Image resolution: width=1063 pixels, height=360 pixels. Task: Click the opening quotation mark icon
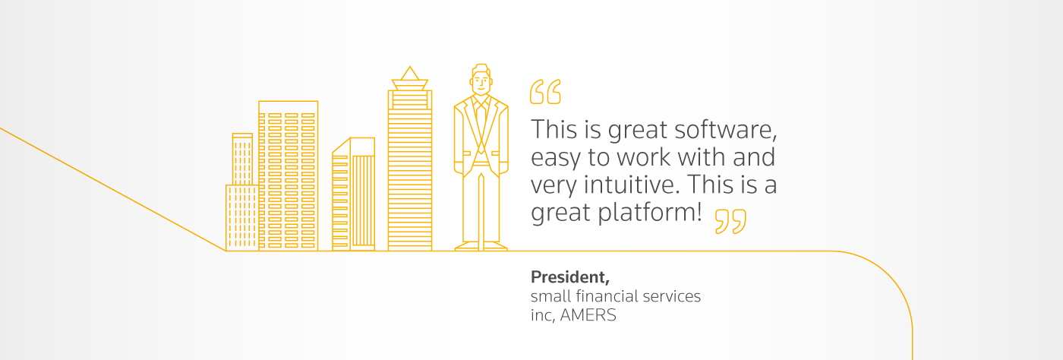[x=545, y=92]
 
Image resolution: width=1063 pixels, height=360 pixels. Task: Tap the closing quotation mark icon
[x=730, y=221]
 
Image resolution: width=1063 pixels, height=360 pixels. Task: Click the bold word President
[x=570, y=277]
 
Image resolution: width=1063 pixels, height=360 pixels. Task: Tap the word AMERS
[x=588, y=315]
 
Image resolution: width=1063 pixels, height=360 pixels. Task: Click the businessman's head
[x=481, y=80]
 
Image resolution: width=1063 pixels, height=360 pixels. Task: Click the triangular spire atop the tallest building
[x=409, y=73]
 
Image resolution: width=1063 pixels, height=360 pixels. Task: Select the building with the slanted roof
[x=354, y=194]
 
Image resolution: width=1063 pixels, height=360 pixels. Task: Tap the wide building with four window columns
[x=288, y=175]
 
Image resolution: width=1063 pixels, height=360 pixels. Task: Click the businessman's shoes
[x=481, y=246]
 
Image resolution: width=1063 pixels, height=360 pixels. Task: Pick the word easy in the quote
[x=555, y=158]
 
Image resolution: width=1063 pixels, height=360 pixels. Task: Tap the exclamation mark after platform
[x=699, y=211]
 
